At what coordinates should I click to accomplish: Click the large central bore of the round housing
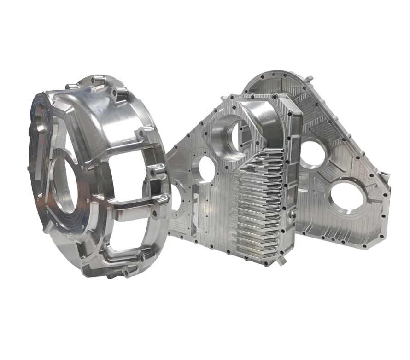coord(69,184)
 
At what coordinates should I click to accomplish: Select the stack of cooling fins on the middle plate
coord(258,207)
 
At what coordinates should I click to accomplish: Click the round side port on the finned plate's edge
coord(291,215)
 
